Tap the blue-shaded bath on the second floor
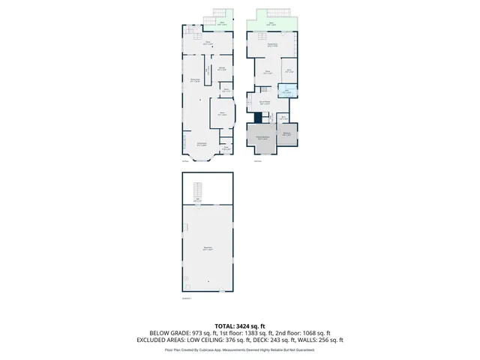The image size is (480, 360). (286, 92)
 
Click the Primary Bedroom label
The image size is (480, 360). (263, 137)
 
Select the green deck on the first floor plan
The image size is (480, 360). (223, 25)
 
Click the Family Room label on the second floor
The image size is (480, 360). (274, 46)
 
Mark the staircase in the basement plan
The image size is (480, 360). (197, 189)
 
